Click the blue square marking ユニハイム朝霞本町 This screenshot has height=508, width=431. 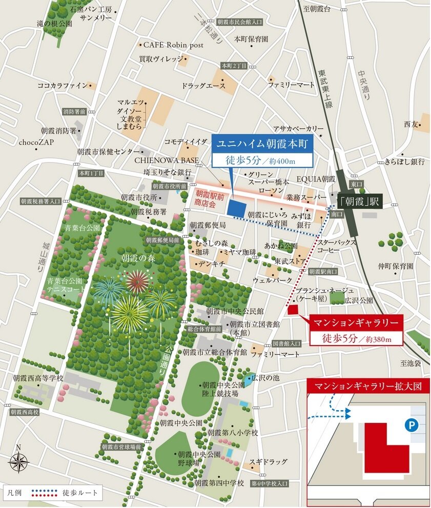point(236,208)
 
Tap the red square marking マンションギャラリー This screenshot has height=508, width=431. point(293,309)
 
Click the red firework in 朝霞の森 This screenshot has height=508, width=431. point(137,281)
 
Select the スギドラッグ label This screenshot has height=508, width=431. point(269,462)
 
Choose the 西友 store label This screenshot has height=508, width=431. point(411,124)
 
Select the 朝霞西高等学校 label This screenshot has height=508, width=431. point(38,378)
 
